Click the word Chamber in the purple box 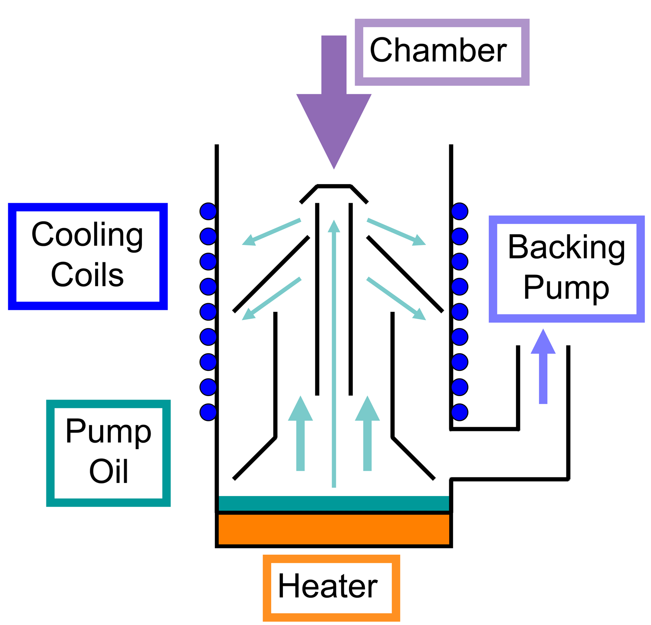coord(438,51)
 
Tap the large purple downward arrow coord(334,104)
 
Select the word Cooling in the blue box coord(87,235)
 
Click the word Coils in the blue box coord(87,275)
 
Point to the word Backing coord(566,248)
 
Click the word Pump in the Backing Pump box coord(566,287)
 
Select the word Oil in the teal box coord(108,472)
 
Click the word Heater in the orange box coord(328,586)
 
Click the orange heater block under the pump coord(333,529)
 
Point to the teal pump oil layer coord(333,503)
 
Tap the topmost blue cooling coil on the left coord(208,212)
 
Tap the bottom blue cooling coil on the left coord(208,412)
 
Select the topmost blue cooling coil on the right coord(460,212)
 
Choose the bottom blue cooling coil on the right coord(460,412)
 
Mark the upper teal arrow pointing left coord(272,232)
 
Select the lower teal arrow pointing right coord(396,298)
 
